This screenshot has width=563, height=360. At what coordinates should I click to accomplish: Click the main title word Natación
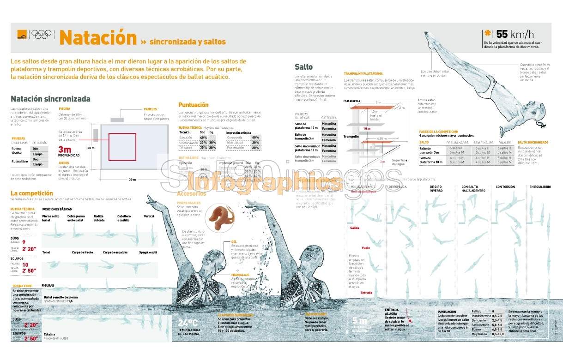coord(98,38)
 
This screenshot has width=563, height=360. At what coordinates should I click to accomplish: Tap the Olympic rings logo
coord(41,34)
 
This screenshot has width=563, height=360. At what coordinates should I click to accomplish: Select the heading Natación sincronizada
coord(50,99)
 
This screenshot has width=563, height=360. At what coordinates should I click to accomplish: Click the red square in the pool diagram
coord(122,147)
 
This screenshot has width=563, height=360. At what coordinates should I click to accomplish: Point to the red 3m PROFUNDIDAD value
coord(65,150)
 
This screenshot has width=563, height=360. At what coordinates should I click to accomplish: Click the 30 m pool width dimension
coord(132,180)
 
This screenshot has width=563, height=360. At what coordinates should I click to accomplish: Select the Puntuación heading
coord(194,105)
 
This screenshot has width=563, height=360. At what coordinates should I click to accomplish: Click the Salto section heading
coord(304,67)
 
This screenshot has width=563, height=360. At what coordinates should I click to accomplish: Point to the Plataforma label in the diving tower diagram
coord(351,101)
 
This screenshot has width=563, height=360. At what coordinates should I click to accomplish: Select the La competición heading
coord(32,193)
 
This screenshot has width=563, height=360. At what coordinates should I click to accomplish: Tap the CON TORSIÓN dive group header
coord(505,187)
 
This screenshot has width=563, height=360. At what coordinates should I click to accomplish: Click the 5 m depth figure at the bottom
coord(359,320)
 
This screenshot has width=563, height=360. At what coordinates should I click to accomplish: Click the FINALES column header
coord(504,143)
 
